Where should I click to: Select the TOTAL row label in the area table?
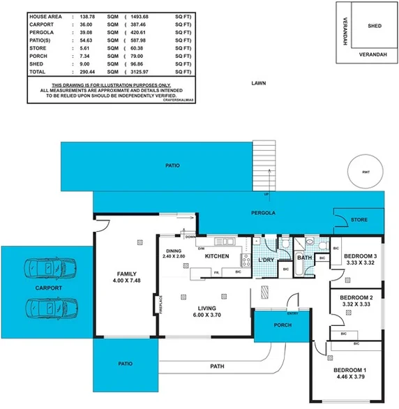[38, 72]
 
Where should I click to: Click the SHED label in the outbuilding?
[374, 25]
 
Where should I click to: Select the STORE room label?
[359, 219]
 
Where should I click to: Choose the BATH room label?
[304, 258]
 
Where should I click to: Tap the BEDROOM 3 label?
[361, 256]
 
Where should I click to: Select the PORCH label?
[282, 325]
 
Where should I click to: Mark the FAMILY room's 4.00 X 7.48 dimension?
[126, 281]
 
